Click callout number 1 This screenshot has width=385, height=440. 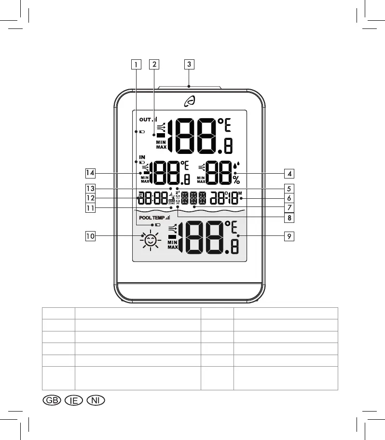click(x=137, y=63)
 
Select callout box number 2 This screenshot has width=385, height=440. click(x=153, y=63)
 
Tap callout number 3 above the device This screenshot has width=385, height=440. click(x=189, y=63)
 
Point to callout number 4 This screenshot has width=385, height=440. click(x=289, y=173)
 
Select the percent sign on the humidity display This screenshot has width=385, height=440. click(x=236, y=179)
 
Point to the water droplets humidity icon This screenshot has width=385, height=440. click(x=236, y=166)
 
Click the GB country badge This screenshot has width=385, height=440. click(x=51, y=400)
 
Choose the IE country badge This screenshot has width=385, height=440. click(x=73, y=400)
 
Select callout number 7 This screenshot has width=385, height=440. click(x=289, y=207)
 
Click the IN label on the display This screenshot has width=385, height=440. click(x=142, y=157)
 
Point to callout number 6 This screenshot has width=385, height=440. click(x=289, y=198)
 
